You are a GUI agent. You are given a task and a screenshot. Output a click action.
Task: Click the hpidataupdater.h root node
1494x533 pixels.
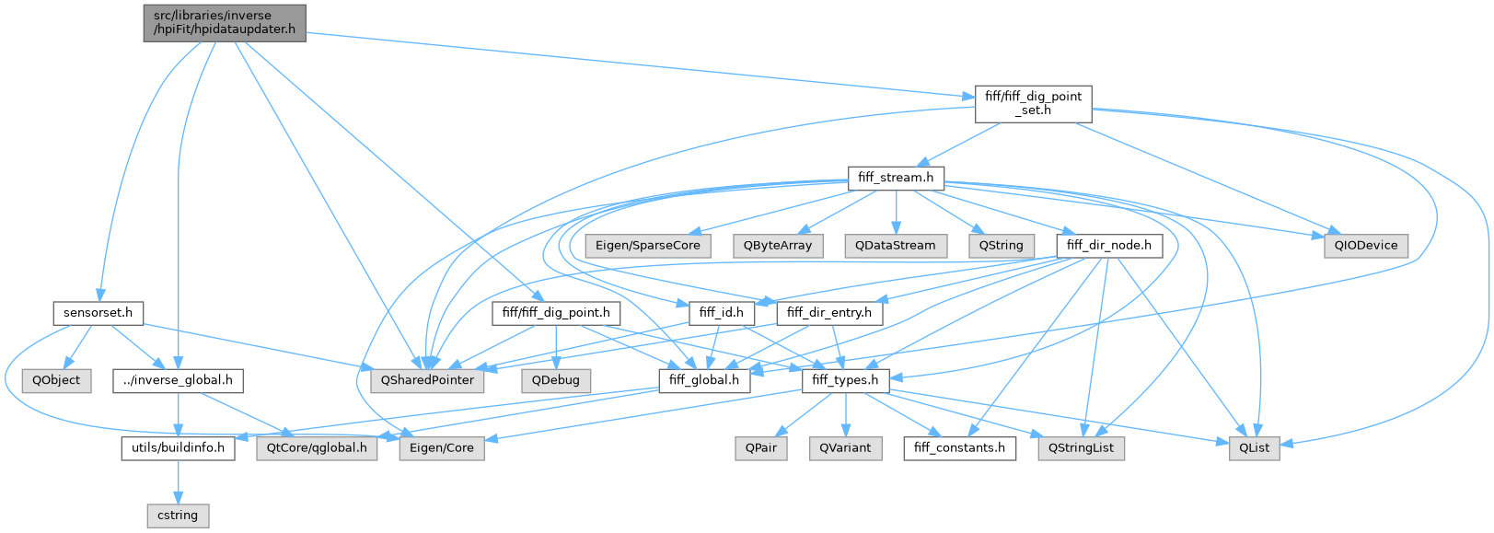pyautogui.click(x=225, y=23)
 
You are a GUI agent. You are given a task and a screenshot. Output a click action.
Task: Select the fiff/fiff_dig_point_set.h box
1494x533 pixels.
pyautogui.click(x=1033, y=103)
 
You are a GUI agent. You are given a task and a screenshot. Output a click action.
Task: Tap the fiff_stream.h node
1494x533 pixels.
pyautogui.click(x=895, y=178)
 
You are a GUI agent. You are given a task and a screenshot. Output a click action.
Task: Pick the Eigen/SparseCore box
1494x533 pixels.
pyautogui.click(x=660, y=246)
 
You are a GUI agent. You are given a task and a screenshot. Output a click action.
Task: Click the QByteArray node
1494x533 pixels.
pyautogui.click(x=778, y=246)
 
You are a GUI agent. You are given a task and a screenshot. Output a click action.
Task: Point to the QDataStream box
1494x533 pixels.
pyautogui.click(x=895, y=246)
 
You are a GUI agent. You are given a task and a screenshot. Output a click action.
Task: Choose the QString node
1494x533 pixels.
pyautogui.click(x=1001, y=246)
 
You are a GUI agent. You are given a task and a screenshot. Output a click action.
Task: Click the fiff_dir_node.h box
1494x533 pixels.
pyautogui.click(x=1109, y=246)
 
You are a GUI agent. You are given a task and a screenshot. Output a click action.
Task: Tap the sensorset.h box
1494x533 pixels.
pyautogui.click(x=98, y=313)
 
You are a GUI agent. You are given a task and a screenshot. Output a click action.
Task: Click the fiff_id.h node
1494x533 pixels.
pyautogui.click(x=721, y=313)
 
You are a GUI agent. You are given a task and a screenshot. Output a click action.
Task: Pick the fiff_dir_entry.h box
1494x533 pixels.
pyautogui.click(x=829, y=313)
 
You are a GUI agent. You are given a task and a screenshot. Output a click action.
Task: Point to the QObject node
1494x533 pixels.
pyautogui.click(x=56, y=380)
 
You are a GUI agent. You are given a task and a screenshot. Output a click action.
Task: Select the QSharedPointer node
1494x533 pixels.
pyautogui.click(x=428, y=380)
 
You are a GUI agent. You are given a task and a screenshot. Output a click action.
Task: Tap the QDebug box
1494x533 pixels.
pyautogui.click(x=556, y=380)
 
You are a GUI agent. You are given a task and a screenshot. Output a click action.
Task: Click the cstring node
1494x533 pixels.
pyautogui.click(x=178, y=516)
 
